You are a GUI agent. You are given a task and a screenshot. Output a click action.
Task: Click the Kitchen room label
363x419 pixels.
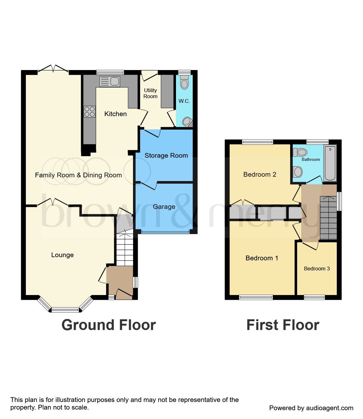[x=115, y=114]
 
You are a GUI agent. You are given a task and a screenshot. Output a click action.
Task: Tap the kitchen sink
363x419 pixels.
[x=109, y=82]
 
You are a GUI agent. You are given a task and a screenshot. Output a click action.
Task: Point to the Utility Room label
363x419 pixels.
[x=150, y=93]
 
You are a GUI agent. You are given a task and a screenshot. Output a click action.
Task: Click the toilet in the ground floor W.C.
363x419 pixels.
[x=184, y=83]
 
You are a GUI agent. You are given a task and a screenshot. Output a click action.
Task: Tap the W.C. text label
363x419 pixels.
[x=184, y=101]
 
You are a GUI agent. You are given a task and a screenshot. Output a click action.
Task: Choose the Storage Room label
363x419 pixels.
[x=166, y=156]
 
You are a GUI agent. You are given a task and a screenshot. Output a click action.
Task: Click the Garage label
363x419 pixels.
[x=164, y=207]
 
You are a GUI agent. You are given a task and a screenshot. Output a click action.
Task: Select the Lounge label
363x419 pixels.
[x=62, y=255]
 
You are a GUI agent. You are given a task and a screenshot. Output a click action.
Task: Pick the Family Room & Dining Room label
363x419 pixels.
[x=78, y=175]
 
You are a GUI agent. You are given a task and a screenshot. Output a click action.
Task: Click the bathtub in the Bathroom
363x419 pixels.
[x=330, y=163]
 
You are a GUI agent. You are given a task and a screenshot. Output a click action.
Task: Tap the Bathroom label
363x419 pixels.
[x=311, y=159]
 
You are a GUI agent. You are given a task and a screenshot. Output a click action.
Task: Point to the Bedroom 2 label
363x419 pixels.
[x=260, y=174]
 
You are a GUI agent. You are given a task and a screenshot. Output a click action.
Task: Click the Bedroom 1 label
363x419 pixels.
[x=262, y=258]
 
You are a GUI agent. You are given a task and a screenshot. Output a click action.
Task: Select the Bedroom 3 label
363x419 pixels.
[x=317, y=269]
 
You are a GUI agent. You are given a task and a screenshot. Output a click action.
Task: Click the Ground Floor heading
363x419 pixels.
[x=108, y=325]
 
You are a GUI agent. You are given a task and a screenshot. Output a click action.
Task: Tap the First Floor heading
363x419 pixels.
[x=283, y=325]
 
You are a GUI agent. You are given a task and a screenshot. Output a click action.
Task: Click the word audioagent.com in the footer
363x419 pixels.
[x=330, y=408]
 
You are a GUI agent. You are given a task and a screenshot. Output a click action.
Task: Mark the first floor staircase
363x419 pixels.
[x=328, y=218]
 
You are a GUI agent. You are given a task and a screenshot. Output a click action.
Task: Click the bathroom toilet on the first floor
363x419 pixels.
[x=300, y=153]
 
